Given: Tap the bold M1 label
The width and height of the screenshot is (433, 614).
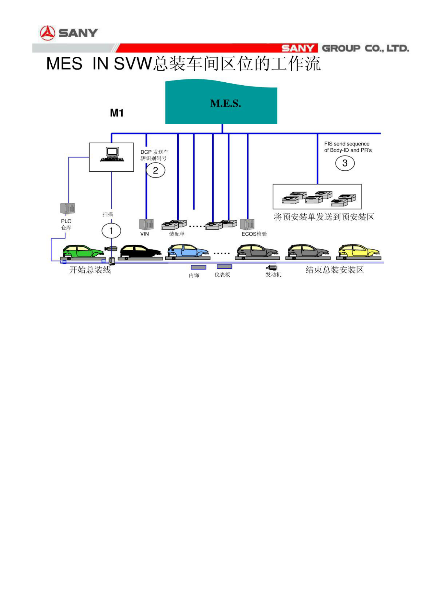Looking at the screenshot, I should [x=117, y=113].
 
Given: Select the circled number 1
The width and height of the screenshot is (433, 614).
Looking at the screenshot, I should [x=111, y=231].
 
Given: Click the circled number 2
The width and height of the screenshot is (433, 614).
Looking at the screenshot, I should [x=155, y=170].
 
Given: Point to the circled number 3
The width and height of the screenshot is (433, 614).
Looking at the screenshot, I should [x=345, y=163].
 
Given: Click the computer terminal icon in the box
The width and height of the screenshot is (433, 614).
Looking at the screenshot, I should [x=112, y=155].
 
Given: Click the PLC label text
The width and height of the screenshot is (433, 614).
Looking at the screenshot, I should [x=66, y=221].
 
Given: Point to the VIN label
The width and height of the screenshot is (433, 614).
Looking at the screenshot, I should [x=145, y=234].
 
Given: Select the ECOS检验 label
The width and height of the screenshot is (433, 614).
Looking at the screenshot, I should [x=254, y=234].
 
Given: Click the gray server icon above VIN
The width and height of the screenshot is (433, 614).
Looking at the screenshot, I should [x=146, y=224].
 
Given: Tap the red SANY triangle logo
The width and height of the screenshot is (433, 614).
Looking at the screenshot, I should [x=48, y=33].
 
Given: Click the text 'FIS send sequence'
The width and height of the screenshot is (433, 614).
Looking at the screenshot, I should [x=347, y=144].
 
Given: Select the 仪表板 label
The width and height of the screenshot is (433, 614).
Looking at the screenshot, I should [x=222, y=274].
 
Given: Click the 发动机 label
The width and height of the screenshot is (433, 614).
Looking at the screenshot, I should [x=273, y=274].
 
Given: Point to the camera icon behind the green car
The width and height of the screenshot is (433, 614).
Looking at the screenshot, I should [x=111, y=248].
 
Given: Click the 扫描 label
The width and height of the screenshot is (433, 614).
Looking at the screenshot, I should [x=108, y=214].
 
